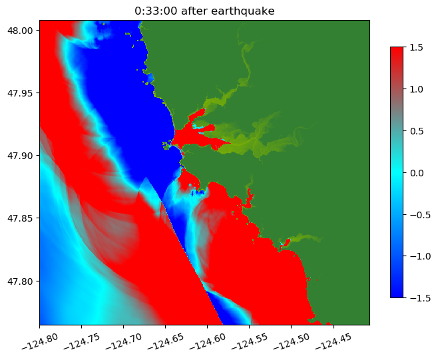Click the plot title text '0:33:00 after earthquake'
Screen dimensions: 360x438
point(204,11)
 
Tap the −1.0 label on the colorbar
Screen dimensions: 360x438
point(414,256)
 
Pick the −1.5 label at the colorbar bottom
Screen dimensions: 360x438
point(414,297)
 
